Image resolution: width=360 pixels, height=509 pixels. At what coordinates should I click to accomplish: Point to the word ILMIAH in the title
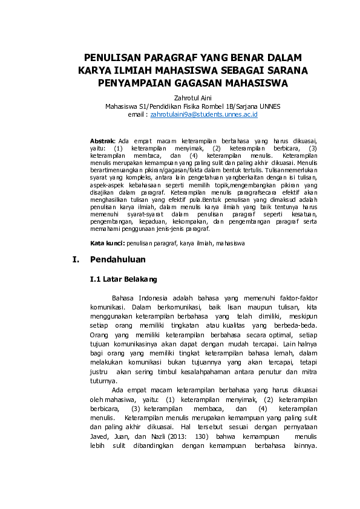click(x=128, y=70)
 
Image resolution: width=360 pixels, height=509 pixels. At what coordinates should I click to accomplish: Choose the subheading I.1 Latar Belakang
click(x=123, y=279)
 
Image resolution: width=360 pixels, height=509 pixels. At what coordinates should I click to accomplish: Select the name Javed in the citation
click(x=99, y=437)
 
